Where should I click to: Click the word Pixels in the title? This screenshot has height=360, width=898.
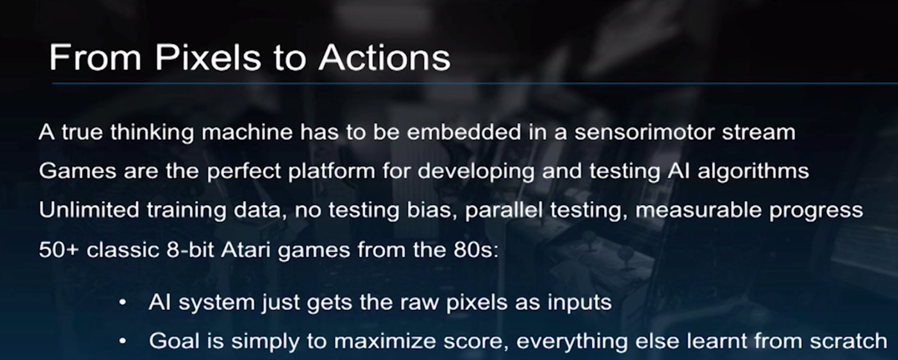[x=209, y=58]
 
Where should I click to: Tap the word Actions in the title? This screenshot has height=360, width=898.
[x=385, y=58]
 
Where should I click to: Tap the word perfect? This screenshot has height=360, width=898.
[x=244, y=171]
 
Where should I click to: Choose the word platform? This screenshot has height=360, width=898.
[x=332, y=171]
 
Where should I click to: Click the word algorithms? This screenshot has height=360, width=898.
[x=753, y=171]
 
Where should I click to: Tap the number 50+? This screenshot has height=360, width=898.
[x=59, y=249]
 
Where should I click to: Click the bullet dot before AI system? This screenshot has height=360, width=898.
[x=123, y=302]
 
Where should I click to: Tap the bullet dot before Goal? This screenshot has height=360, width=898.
[x=123, y=341]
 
